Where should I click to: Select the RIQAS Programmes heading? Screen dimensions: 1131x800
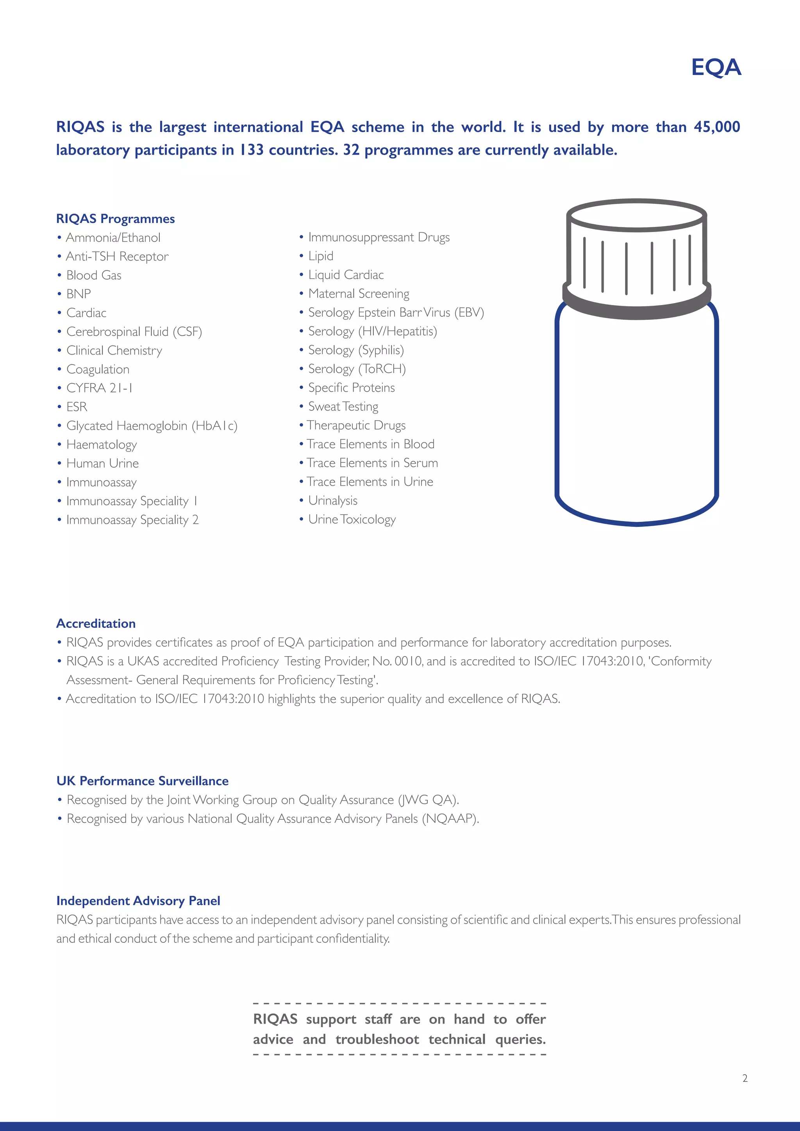tap(115, 219)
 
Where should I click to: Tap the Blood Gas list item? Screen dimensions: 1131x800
tap(94, 275)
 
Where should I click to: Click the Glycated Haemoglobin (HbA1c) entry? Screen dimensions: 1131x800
tap(152, 426)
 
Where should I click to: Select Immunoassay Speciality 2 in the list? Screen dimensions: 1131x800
tap(132, 520)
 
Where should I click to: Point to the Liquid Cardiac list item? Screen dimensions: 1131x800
tap(345, 275)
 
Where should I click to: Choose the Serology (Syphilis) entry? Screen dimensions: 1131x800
tap(356, 350)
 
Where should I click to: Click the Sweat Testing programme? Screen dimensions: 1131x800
tap(343, 407)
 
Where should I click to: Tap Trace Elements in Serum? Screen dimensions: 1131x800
tap(372, 463)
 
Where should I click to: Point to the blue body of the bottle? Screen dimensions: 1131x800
tap(636, 419)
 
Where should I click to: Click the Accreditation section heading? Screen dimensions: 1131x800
tap(96, 624)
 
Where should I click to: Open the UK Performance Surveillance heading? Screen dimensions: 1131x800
tap(142, 781)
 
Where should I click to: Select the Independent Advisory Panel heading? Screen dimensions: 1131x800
tap(138, 901)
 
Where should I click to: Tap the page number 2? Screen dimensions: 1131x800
tap(745, 1078)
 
